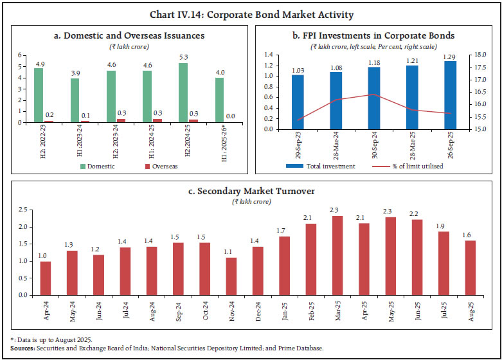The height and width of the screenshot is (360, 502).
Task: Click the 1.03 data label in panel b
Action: tap(298, 69)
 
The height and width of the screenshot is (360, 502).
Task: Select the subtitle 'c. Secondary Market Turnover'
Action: tap(251, 191)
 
